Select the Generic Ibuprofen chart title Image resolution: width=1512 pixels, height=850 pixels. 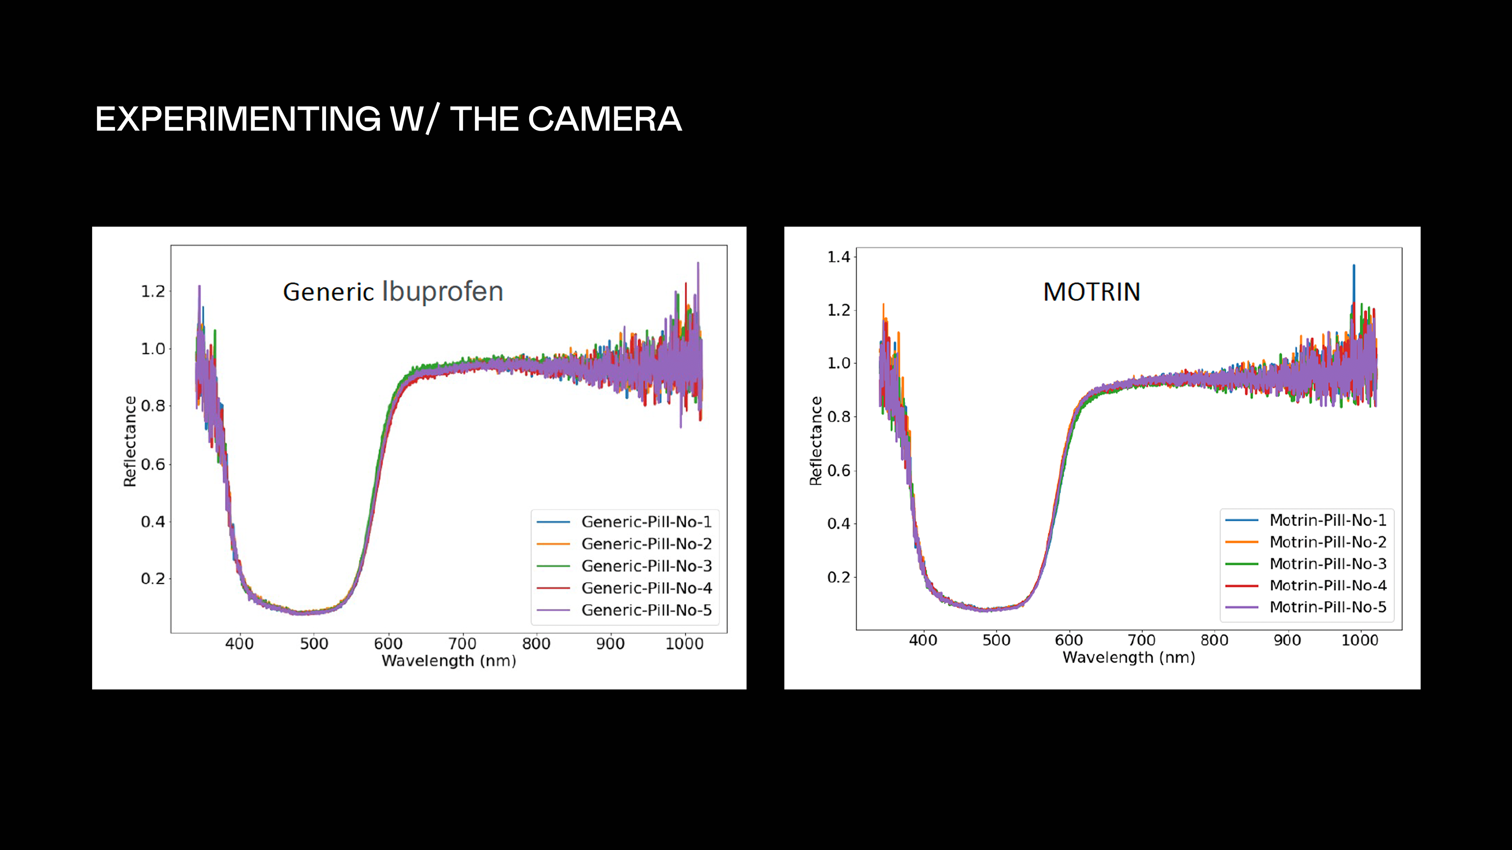click(x=393, y=292)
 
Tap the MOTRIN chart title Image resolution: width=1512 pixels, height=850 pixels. click(x=1091, y=292)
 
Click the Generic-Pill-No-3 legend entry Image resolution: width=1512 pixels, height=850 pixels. click(x=646, y=566)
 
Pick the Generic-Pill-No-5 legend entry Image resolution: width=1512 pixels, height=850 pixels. click(x=646, y=610)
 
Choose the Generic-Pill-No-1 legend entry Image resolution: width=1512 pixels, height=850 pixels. click(x=646, y=521)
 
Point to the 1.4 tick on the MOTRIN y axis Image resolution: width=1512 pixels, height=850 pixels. click(x=838, y=257)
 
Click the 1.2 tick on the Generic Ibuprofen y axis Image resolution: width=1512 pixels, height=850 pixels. click(x=153, y=292)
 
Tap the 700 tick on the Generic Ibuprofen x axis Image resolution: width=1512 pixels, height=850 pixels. click(x=462, y=643)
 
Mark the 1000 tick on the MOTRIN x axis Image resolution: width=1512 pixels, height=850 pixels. click(x=1359, y=640)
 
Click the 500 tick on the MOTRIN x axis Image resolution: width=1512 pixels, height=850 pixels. click(x=996, y=640)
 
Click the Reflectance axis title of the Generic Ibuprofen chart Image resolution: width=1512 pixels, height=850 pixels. click(x=130, y=441)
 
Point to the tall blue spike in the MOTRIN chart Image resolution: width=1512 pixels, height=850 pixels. click(x=1354, y=276)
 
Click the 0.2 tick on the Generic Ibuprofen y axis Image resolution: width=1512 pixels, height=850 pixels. click(x=153, y=579)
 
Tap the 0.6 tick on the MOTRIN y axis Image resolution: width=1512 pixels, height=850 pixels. click(x=838, y=471)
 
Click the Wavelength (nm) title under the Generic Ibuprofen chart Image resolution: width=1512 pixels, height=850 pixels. click(x=449, y=661)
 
